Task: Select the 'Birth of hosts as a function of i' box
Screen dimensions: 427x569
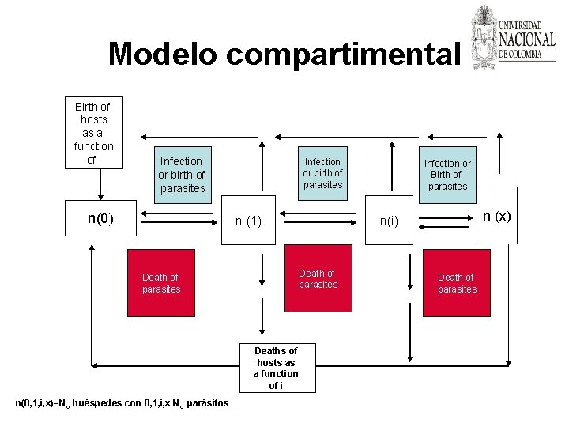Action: (x=93, y=133)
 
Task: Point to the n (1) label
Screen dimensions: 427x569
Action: (x=248, y=221)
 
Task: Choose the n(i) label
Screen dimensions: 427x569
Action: (x=388, y=222)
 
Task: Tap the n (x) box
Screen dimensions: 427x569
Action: (x=498, y=216)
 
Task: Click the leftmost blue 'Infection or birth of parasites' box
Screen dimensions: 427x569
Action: (x=182, y=174)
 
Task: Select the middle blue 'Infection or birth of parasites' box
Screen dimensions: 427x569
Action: (x=323, y=173)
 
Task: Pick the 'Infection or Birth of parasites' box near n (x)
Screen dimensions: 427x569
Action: (x=447, y=175)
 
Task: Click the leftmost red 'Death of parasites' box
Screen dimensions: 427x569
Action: (x=161, y=282)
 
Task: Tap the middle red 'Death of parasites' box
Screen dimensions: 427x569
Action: (x=318, y=278)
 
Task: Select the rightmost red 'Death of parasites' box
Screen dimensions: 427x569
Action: (x=457, y=282)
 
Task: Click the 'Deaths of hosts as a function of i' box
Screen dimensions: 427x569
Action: (x=275, y=368)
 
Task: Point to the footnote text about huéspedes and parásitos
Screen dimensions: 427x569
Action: (x=122, y=403)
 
